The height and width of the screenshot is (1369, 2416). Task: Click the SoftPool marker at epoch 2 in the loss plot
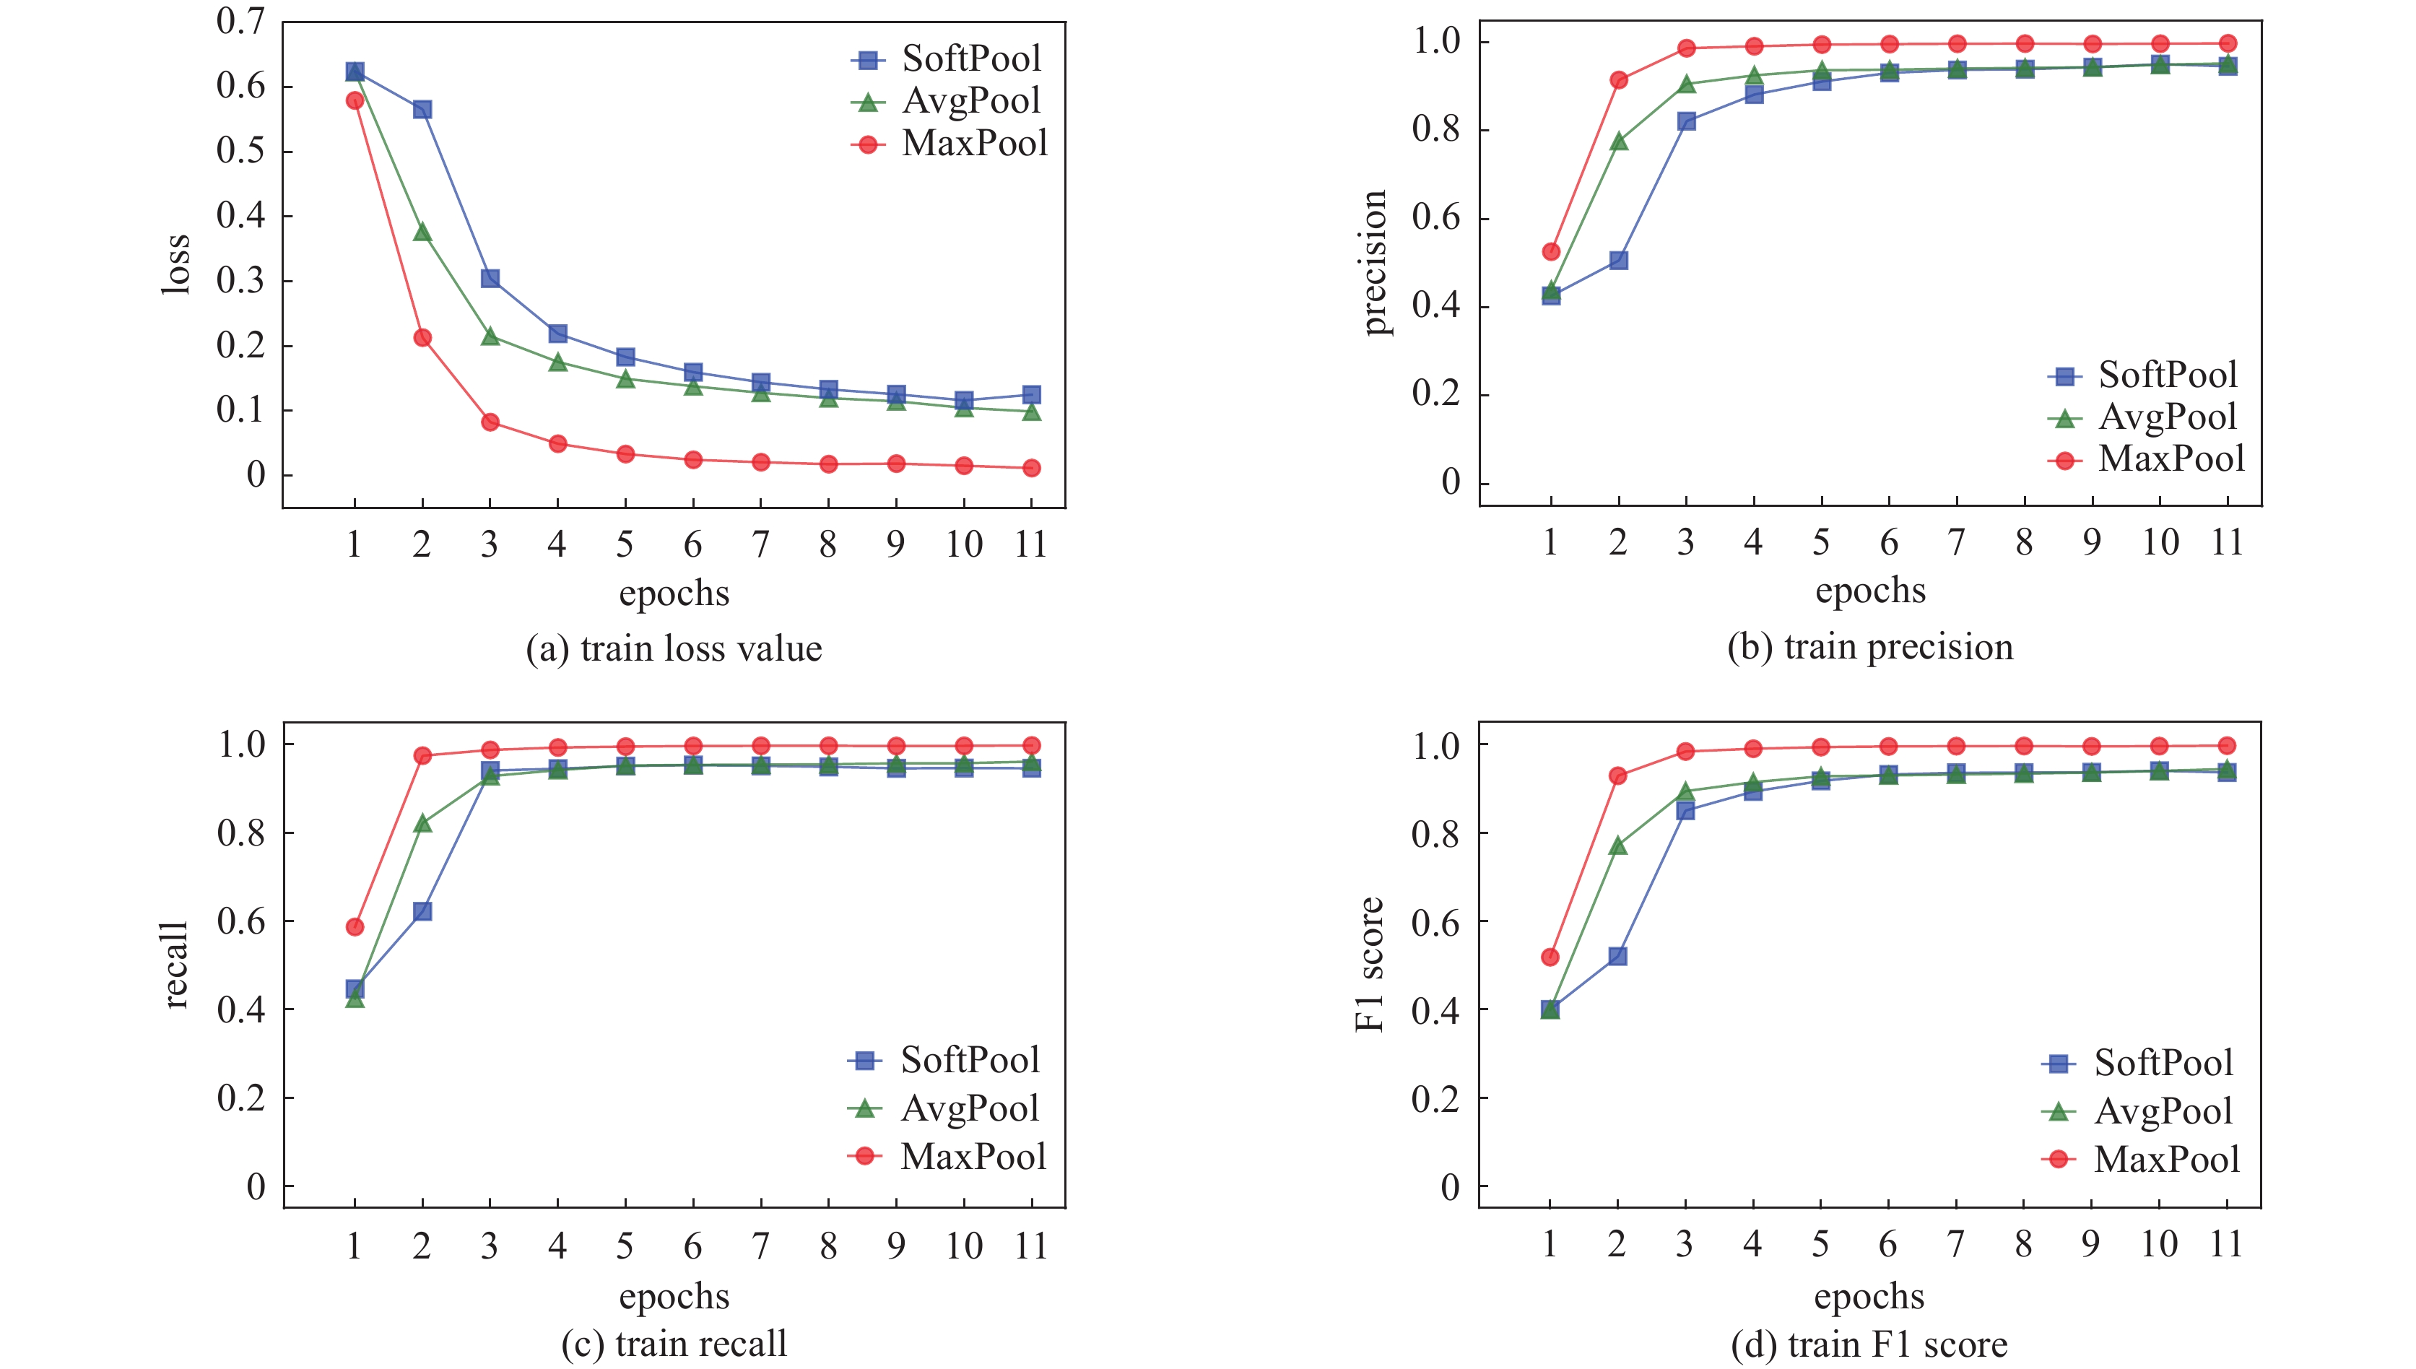pyautogui.click(x=422, y=110)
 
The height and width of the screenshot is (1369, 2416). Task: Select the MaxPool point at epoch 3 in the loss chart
pyautogui.click(x=490, y=422)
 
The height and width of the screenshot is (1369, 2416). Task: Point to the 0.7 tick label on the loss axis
pyautogui.click(x=240, y=21)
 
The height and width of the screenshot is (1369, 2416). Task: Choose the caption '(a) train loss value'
pyautogui.click(x=674, y=649)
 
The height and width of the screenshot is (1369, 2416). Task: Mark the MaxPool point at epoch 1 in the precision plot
pyautogui.click(x=1551, y=252)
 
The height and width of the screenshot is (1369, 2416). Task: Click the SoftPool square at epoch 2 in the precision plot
pyautogui.click(x=1619, y=261)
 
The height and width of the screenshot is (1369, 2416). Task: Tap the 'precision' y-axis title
pyautogui.click(x=1373, y=264)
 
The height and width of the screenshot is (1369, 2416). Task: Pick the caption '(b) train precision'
pyautogui.click(x=1870, y=647)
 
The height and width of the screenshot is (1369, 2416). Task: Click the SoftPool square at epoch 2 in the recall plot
pyautogui.click(x=422, y=911)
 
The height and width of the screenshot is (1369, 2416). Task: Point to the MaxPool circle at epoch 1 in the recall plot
pyautogui.click(x=355, y=927)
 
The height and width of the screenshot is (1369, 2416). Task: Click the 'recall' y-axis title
pyautogui.click(x=175, y=965)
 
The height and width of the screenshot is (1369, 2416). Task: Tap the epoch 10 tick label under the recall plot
pyautogui.click(x=963, y=1247)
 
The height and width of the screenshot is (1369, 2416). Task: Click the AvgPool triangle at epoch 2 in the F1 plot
pyautogui.click(x=1618, y=846)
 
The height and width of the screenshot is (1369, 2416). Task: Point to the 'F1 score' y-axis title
pyautogui.click(x=1370, y=965)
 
